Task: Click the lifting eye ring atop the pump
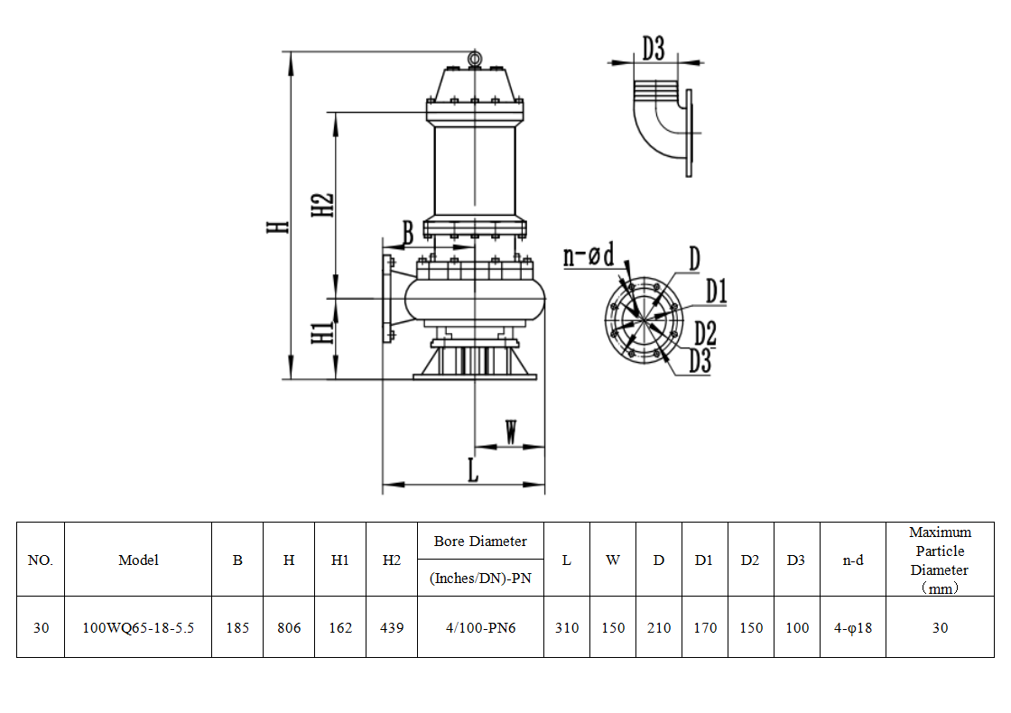click(475, 59)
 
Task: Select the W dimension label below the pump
click(511, 433)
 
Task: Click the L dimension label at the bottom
click(472, 469)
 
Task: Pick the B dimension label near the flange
click(407, 233)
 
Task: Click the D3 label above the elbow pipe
click(654, 49)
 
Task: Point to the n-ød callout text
click(589, 255)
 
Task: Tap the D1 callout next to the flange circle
click(716, 292)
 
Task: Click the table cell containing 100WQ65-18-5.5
click(138, 627)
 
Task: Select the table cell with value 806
click(289, 627)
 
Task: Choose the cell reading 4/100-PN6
click(480, 627)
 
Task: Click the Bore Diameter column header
click(480, 542)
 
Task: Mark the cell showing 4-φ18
click(852, 627)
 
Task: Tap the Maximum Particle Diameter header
click(940, 560)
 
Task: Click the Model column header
click(138, 560)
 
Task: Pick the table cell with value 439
click(392, 627)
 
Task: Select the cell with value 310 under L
click(567, 627)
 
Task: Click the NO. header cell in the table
click(41, 560)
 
